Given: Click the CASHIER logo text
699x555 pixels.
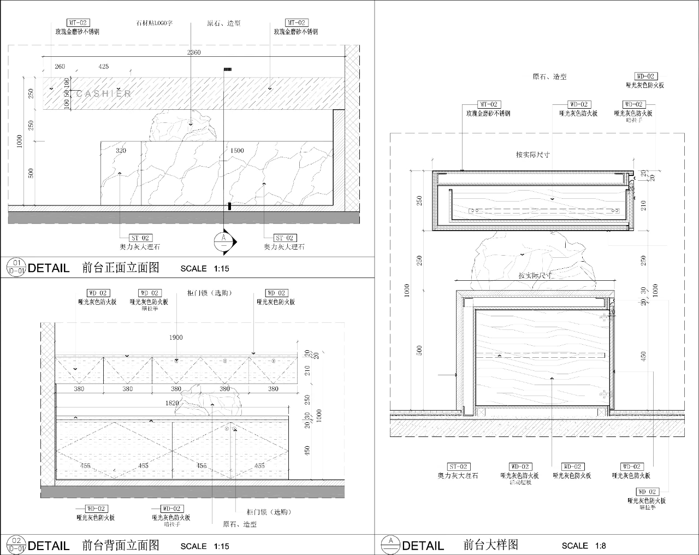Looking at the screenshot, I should coord(104,93).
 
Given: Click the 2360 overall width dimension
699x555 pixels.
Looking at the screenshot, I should coord(194,52).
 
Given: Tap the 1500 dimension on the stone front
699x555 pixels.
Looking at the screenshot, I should coord(237,150).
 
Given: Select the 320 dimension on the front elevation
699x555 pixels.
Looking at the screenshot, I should coord(121,150).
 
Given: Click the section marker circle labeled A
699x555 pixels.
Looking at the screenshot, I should coord(223,241).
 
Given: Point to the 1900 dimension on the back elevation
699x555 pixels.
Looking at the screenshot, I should coord(176,338).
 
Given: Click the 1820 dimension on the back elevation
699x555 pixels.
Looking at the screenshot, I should coord(172,403).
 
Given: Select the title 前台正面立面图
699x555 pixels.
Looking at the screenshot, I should coord(121,268).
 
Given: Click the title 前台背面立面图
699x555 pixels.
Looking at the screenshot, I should coord(121,545).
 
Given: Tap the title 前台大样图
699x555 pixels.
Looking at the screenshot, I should coord(490,545).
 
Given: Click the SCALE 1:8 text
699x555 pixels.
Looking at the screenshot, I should coord(583,545).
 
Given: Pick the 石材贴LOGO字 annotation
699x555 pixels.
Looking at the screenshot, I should coord(154,23).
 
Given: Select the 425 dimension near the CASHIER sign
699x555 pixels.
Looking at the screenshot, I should coord(103,67).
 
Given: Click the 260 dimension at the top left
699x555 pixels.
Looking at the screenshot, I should coord(60,67).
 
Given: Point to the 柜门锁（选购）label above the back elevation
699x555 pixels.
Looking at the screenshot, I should coord(210,293).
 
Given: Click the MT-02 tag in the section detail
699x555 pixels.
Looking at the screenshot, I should coord(489,104).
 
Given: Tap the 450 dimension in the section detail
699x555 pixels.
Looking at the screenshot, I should coord(643,356).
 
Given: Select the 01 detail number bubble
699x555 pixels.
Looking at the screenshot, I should coord(16,263).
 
